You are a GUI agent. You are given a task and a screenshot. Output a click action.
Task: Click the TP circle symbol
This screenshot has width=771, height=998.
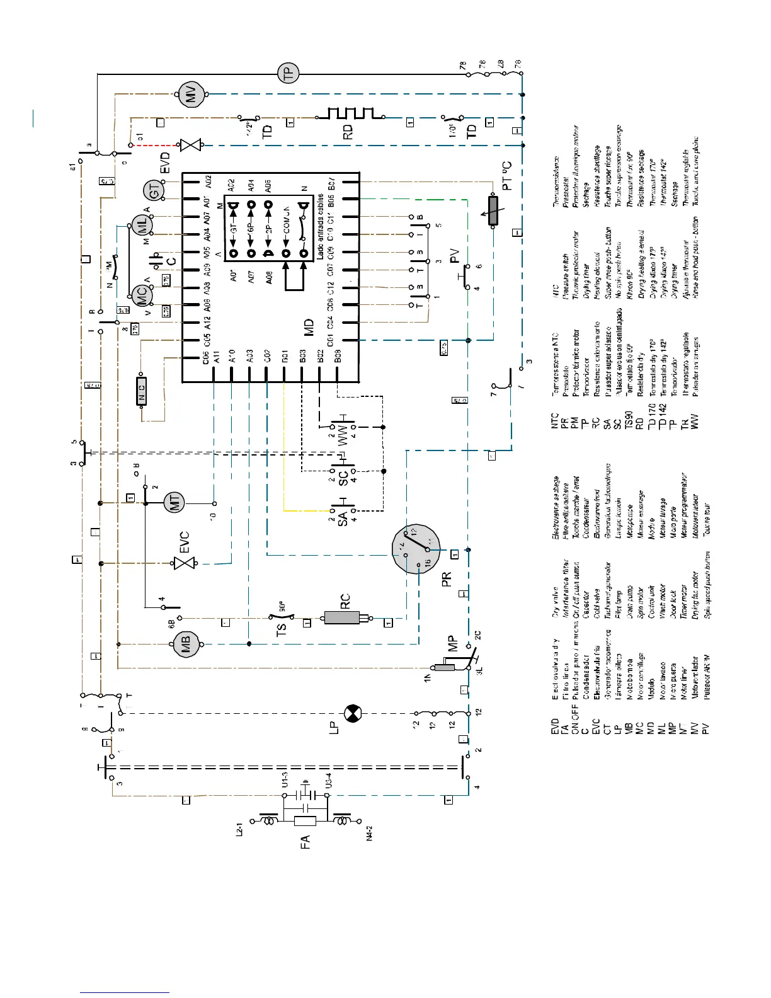pos(288,74)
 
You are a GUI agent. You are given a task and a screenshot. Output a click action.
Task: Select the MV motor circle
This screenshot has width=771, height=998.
pos(190,95)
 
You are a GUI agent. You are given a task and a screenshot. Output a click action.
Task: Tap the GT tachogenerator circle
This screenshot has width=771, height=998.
pos(154,190)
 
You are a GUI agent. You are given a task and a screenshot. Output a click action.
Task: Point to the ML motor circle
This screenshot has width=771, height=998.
pos(141,226)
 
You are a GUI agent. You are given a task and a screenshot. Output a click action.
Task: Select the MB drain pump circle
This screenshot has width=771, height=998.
pos(186,644)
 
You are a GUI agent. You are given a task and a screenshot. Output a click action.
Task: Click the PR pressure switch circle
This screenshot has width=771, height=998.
pos(416,548)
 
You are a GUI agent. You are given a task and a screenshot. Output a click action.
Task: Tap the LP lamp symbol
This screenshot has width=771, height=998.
pos(351,713)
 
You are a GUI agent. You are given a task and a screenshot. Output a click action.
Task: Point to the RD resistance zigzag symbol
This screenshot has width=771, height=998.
pos(350,114)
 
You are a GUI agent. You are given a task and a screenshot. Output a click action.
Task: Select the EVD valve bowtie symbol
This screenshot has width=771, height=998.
pos(190,145)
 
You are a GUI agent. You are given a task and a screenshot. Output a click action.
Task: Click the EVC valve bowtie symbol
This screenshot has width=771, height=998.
pos(185,563)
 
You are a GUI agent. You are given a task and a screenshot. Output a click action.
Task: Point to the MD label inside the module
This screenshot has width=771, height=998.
pos(309,327)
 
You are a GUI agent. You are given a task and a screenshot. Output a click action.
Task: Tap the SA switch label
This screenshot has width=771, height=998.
pos(343,519)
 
